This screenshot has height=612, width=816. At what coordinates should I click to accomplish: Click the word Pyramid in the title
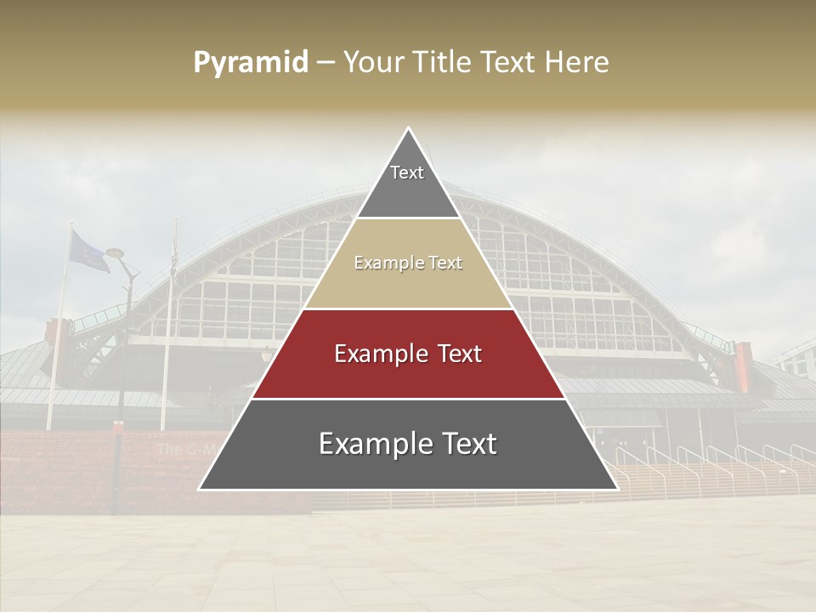coord(250,63)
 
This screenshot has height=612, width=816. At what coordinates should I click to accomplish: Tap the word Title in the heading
coord(442,63)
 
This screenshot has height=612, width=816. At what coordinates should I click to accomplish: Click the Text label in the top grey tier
coord(407,173)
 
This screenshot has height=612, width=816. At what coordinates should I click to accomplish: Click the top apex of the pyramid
coord(408,129)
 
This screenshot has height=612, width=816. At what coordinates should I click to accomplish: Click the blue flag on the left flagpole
coord(88,251)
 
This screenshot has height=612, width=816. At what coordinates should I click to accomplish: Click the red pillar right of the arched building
coord(743,367)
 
